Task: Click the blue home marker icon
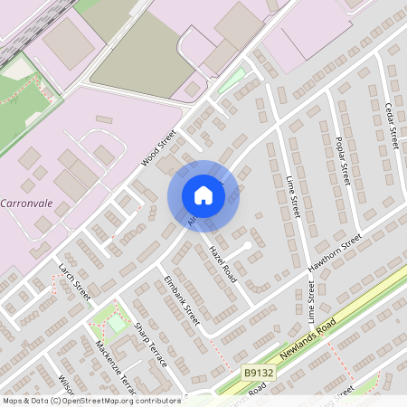(203, 195)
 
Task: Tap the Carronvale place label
(30, 202)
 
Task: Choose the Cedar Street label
(393, 126)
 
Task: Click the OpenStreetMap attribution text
(90, 400)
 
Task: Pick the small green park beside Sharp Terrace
(116, 322)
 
